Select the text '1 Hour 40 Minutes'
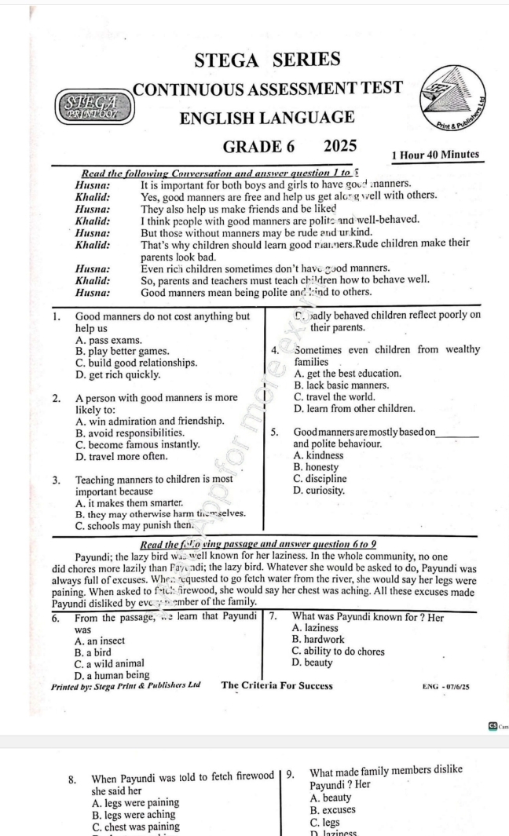(434, 155)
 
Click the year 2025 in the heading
(340, 146)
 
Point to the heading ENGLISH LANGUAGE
(267, 118)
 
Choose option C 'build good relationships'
(136, 363)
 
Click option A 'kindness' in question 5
(320, 455)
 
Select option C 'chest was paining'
(134, 826)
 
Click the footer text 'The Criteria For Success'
(277, 685)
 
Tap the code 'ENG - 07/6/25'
(446, 686)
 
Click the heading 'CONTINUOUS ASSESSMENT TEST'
(268, 88)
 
